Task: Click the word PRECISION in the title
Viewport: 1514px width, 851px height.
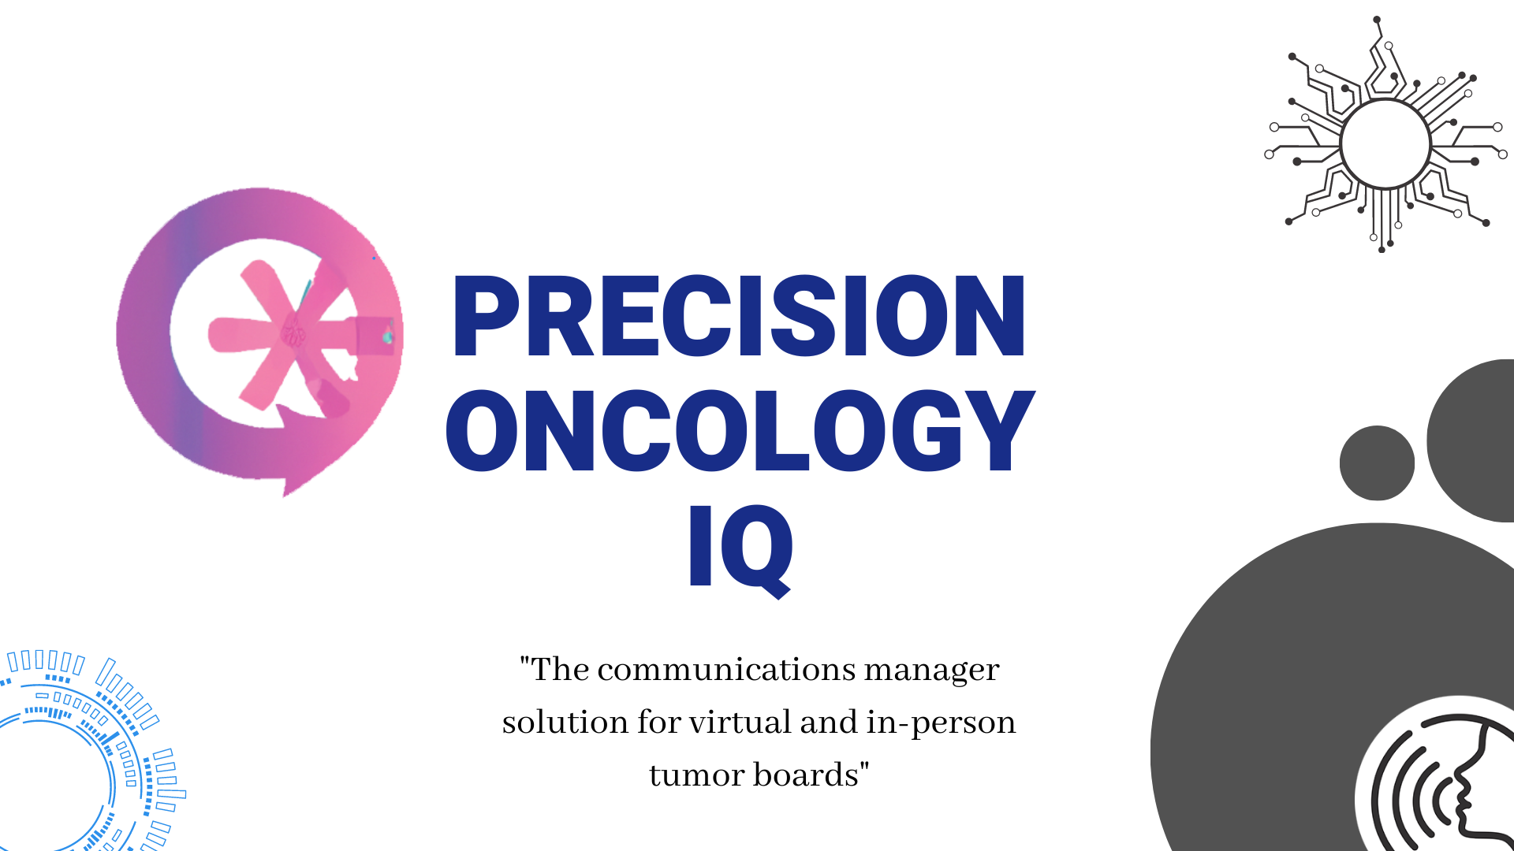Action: [x=738, y=317]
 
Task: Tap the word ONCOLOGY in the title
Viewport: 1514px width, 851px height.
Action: [x=740, y=431]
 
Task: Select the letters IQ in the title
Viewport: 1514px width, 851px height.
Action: [x=740, y=546]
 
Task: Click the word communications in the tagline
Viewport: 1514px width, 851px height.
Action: [x=726, y=670]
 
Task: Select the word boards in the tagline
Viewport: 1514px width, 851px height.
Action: [x=805, y=775]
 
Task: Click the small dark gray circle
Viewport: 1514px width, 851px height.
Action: [x=1377, y=463]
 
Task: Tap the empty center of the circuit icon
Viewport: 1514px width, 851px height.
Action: [x=1385, y=144]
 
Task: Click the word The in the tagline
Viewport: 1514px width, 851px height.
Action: [x=559, y=670]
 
